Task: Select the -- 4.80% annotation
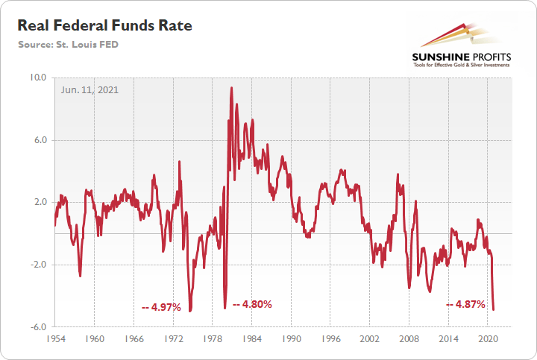tap(252, 304)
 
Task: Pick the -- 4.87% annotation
tap(465, 304)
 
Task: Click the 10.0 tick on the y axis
tap(37, 78)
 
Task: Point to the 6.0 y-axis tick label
tap(39, 140)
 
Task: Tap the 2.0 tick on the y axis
tap(39, 202)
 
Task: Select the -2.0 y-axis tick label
tap(37, 265)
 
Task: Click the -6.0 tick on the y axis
tap(37, 326)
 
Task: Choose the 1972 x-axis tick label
tap(173, 338)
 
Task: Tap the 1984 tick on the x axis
tap(251, 338)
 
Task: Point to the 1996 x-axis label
tap(330, 338)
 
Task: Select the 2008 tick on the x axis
tap(409, 338)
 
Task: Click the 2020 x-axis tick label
tap(488, 338)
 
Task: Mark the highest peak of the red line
tap(231, 88)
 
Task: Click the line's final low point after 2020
tap(494, 309)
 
